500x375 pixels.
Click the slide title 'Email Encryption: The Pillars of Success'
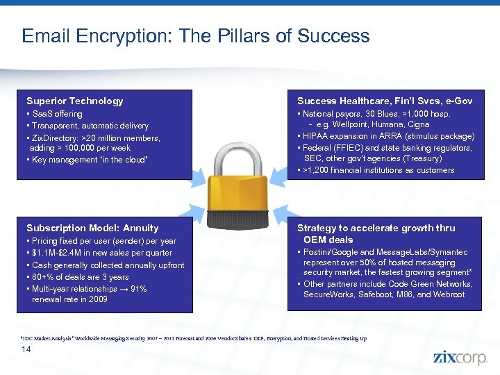click(195, 36)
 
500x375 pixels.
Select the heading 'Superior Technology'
click(74, 101)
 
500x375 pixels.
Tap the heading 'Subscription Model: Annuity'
click(92, 228)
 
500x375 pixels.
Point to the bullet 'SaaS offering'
click(56, 114)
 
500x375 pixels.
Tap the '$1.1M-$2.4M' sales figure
click(58, 253)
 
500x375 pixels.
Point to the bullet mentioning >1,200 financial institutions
click(377, 170)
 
